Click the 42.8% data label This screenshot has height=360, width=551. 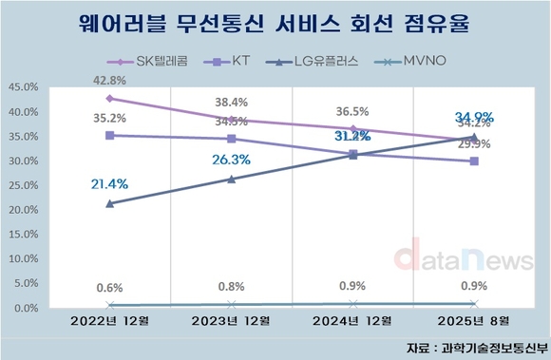109,80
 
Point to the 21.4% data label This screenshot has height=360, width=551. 109,183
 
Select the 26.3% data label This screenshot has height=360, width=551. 231,160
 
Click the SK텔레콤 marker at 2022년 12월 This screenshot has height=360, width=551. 109,98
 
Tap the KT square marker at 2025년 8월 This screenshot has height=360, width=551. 474,161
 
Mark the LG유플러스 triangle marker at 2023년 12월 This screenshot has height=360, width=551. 231,179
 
